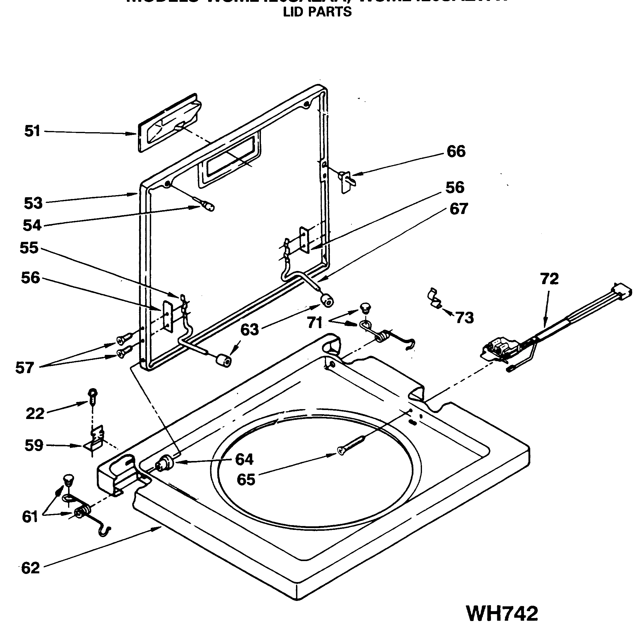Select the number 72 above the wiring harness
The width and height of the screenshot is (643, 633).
coord(549,279)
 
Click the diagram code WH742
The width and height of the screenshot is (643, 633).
coord(502,613)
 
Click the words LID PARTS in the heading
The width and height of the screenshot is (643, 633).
coord(317,12)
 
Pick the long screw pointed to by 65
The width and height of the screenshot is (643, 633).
coord(351,444)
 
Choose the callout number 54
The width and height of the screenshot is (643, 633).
coord(32,225)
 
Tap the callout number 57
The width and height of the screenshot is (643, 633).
coord(24,368)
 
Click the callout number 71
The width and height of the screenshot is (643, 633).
coord(314,322)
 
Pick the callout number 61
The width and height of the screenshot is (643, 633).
coord(30,517)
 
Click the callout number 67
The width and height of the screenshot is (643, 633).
coord(458,209)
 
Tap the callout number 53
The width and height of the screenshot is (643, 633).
coord(33,203)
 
